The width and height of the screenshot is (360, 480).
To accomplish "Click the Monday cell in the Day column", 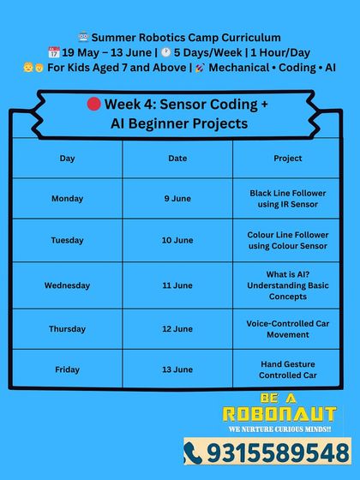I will coord(67,199).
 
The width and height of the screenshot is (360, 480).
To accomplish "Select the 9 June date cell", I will coord(177,199).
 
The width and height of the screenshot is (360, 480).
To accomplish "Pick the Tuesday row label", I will coord(67,241).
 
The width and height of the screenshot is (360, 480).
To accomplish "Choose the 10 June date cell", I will coord(177,241).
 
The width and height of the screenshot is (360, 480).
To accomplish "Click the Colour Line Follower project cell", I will coord(288,241).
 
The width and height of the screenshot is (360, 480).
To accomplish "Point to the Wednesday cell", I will coord(67,285).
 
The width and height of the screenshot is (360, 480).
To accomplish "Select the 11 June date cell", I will coord(177,285).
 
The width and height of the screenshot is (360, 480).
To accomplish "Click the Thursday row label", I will coord(67,329).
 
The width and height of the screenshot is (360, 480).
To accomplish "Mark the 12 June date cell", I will coord(177,329).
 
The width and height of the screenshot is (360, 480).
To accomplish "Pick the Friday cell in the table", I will coord(67,369).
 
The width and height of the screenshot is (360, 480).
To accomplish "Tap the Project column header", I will coord(288,159).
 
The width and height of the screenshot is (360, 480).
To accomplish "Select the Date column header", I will coord(177,159).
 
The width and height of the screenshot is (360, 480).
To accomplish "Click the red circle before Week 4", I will coord(94,105).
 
